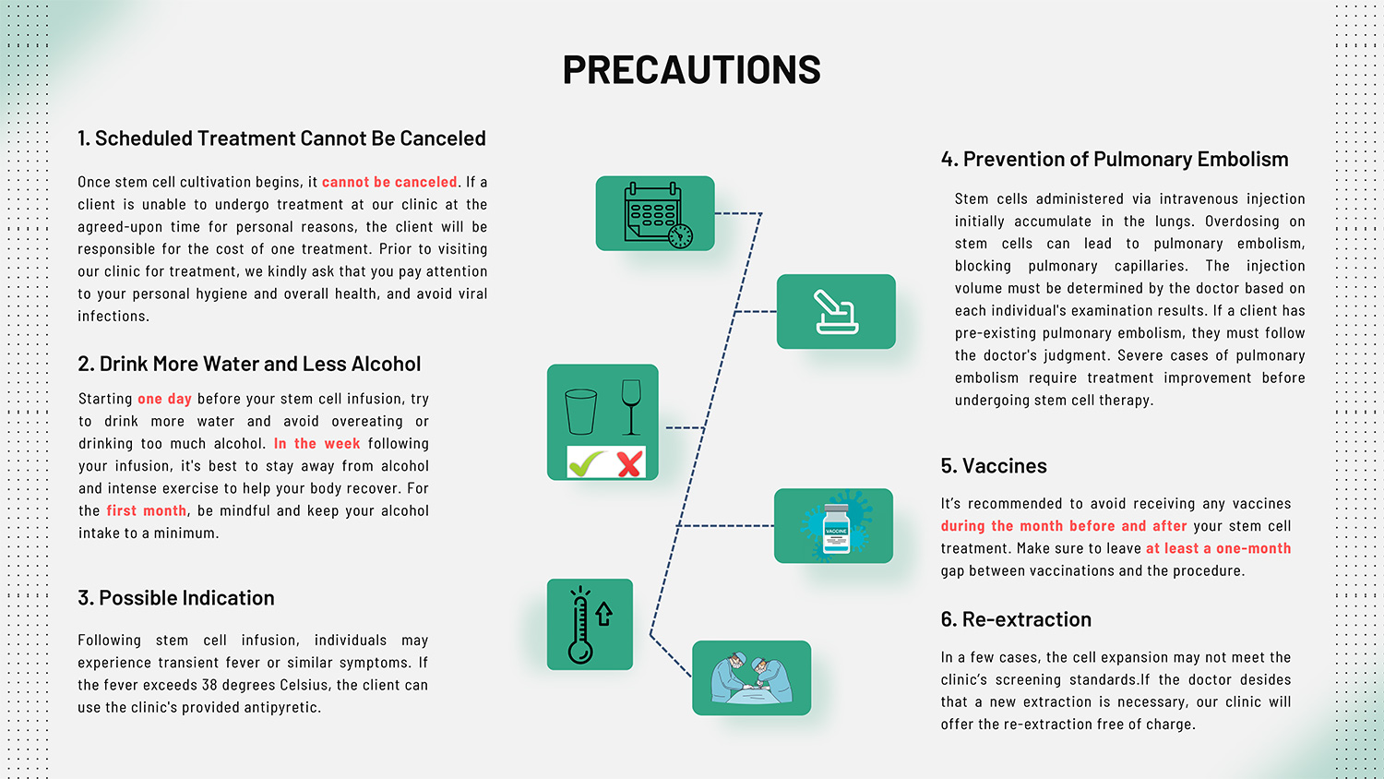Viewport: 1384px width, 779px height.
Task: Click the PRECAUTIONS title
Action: (691, 68)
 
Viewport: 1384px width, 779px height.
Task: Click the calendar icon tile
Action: (655, 213)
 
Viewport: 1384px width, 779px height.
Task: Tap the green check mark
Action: (586, 463)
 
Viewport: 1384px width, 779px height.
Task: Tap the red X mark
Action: (629, 463)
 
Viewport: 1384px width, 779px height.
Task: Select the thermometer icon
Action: (580, 625)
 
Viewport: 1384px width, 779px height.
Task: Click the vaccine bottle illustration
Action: (836, 528)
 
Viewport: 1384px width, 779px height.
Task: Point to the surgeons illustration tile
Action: (751, 677)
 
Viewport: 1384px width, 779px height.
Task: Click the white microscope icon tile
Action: (836, 312)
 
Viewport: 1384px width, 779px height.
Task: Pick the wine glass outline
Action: (631, 407)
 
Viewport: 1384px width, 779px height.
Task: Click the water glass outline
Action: (580, 412)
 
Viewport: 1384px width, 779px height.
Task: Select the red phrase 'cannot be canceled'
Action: (389, 182)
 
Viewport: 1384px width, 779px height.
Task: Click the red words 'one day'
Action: (164, 399)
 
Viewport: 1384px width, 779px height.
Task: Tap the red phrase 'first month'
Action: (147, 510)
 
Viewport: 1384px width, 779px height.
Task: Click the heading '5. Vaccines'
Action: (994, 465)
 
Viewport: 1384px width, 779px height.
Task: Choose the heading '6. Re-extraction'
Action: (1016, 619)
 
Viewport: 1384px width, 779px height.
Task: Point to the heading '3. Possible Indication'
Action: (176, 598)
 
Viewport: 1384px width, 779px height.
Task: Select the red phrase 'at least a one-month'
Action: (1219, 548)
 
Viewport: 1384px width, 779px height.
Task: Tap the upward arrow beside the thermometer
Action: (603, 614)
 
